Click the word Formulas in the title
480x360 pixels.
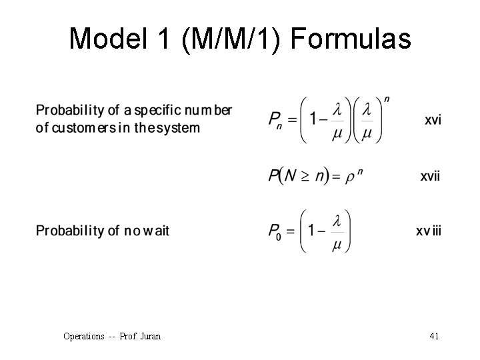tap(351, 39)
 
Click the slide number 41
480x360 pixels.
tap(434, 336)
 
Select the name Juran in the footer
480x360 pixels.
tap(149, 336)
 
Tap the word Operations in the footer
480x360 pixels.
tap(84, 336)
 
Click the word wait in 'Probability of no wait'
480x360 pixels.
tap(156, 231)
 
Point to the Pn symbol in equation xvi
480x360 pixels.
tap(275, 120)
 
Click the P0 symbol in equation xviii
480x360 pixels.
tap(275, 231)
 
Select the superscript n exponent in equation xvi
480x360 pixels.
tap(387, 100)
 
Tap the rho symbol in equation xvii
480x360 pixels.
tap(349, 178)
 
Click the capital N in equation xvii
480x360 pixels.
tap(290, 176)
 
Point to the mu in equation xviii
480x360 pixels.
tap(337, 245)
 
